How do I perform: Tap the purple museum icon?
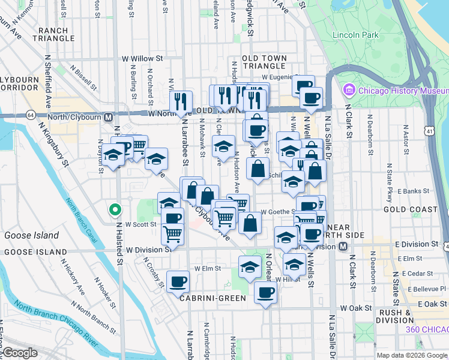pyautogui.click(x=349, y=91)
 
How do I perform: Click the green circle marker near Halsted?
pyautogui.click(x=115, y=210)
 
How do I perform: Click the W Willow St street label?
pyautogui.click(x=142, y=59)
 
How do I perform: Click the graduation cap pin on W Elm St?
pyautogui.click(x=250, y=266)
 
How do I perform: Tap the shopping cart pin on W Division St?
pyautogui.click(x=173, y=233)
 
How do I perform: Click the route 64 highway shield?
pyautogui.click(x=29, y=115)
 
